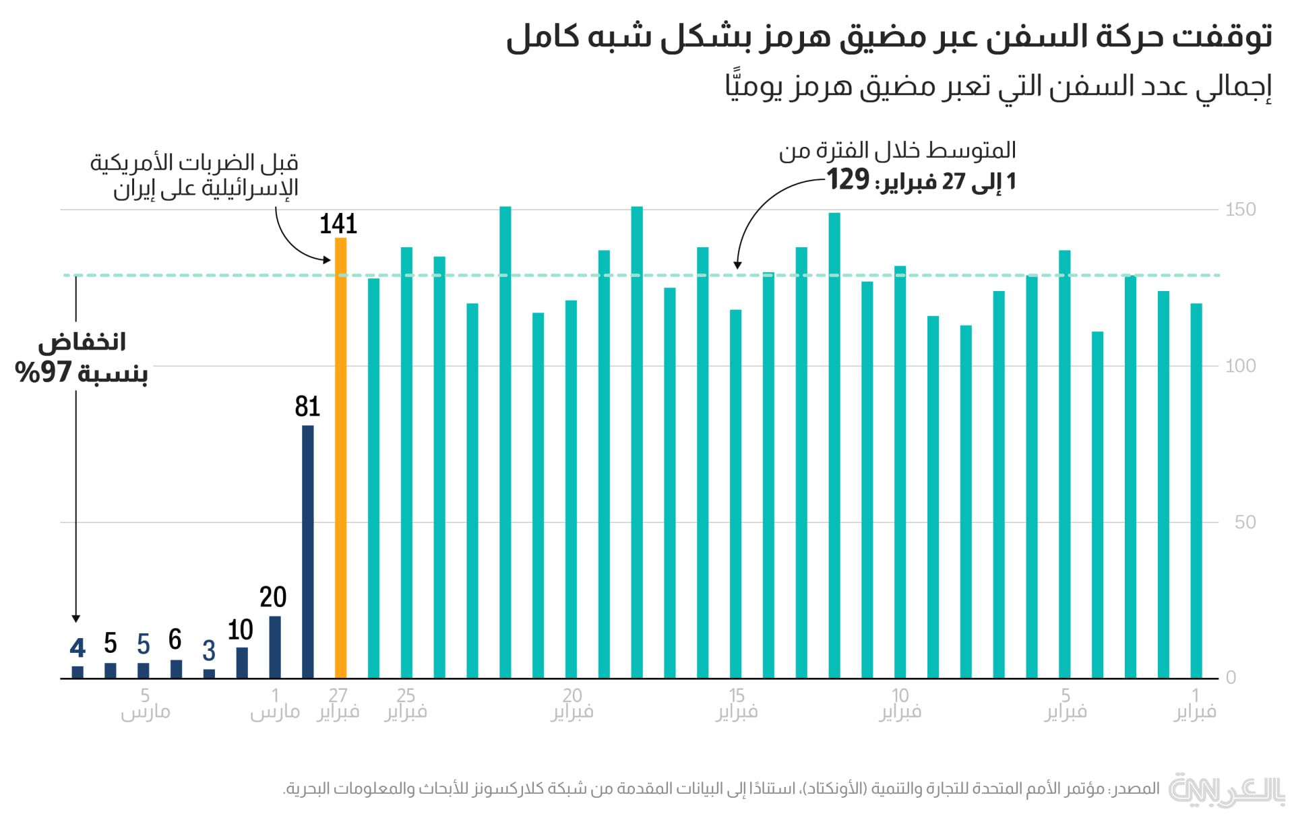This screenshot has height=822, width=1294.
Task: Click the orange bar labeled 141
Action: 340,458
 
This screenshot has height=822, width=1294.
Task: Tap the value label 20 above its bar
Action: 273,598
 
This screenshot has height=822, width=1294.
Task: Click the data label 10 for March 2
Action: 240,631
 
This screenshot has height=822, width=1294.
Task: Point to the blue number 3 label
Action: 209,651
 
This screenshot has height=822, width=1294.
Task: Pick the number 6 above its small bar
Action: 175,639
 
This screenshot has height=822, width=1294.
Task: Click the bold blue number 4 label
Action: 78,648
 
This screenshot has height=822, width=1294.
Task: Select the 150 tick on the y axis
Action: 1240,210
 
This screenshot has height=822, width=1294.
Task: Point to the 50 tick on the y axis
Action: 1245,522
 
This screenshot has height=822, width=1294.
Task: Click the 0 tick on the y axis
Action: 1231,678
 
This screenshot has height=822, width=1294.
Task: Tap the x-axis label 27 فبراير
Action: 338,703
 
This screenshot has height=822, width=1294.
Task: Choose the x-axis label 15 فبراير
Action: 737,703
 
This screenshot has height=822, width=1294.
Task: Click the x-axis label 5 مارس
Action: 145,703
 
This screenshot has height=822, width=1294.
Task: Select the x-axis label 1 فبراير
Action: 1195,703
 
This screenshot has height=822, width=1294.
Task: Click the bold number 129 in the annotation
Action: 848,180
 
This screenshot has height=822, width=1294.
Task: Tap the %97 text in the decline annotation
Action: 44,372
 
